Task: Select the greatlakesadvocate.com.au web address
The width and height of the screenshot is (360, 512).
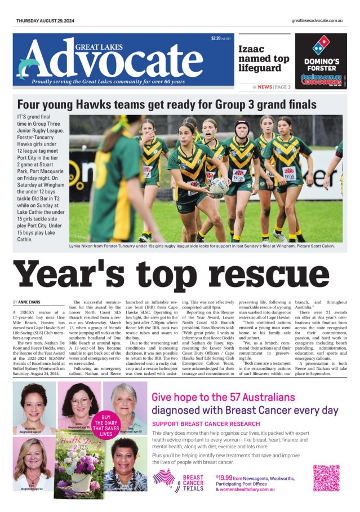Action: point(317,20)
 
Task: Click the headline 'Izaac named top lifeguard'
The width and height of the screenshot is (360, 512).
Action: point(264,59)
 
